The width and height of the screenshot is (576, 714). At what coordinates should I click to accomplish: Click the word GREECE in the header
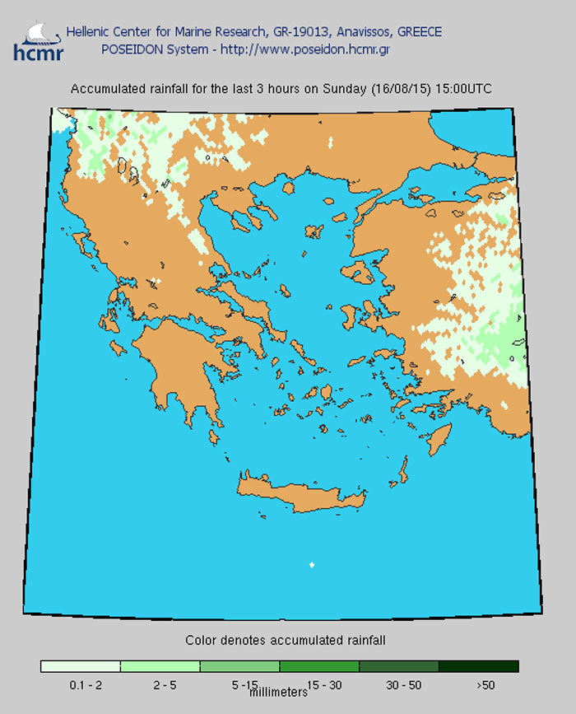[419, 32]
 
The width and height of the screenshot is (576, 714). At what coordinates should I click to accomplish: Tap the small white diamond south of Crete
[311, 564]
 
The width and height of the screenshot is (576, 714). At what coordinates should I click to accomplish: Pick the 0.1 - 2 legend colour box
[81, 666]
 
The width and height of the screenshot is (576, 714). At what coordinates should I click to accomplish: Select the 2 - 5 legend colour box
[160, 666]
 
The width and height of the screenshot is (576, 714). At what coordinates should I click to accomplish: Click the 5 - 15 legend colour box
[239, 666]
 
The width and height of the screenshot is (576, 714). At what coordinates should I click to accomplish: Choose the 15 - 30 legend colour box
[319, 666]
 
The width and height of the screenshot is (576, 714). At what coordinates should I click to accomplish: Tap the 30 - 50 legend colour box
[399, 666]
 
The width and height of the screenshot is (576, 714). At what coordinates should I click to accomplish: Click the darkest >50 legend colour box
[479, 666]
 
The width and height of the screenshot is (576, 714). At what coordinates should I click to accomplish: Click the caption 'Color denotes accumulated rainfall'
[286, 640]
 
